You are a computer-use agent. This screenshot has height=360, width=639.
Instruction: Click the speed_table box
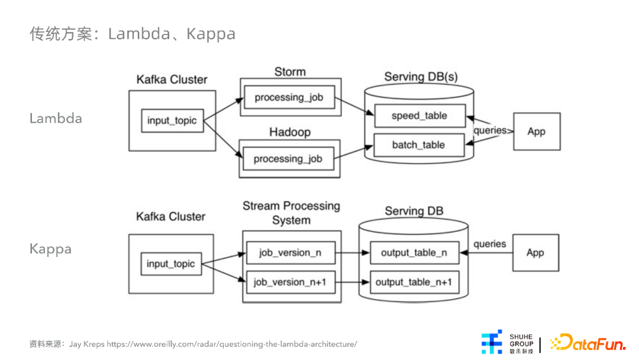pyautogui.click(x=419, y=116)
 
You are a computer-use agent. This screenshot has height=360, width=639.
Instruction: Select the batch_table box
pyautogui.click(x=419, y=145)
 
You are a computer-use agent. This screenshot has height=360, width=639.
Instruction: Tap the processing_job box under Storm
pyautogui.click(x=289, y=98)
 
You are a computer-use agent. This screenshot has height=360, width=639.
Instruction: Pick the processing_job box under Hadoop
pyautogui.click(x=288, y=159)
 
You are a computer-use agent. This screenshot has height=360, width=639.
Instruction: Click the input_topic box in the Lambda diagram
pyautogui.click(x=172, y=121)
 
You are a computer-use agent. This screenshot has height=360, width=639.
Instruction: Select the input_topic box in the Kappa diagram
pyautogui.click(x=171, y=263)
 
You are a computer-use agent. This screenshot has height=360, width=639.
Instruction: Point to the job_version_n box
pyautogui.click(x=291, y=253)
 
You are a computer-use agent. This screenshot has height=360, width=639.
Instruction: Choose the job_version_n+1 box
pyautogui.click(x=291, y=282)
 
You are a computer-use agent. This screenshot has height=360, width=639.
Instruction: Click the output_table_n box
pyautogui.click(x=414, y=253)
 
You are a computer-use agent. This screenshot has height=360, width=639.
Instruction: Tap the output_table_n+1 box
pyautogui.click(x=414, y=282)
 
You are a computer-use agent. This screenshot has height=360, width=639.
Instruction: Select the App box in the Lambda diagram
pyautogui.click(x=537, y=131)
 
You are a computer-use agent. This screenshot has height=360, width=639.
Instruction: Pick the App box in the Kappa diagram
pyautogui.click(x=535, y=253)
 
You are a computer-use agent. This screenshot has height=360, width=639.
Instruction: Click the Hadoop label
pyautogui.click(x=290, y=132)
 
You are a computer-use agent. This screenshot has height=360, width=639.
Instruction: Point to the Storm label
pyautogui.click(x=290, y=72)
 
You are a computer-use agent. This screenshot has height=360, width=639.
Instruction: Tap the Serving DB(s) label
pyautogui.click(x=421, y=76)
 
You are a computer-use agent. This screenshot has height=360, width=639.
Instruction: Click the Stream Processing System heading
pyautogui.click(x=291, y=213)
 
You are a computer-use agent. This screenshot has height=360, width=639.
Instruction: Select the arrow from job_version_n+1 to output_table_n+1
pyautogui.click(x=353, y=282)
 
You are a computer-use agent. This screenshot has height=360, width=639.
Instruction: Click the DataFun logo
pyautogui.click(x=588, y=342)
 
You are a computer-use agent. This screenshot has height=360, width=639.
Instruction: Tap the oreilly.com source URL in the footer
pyautogui.click(x=232, y=344)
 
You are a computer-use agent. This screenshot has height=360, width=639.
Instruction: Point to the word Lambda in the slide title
pyautogui.click(x=139, y=33)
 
